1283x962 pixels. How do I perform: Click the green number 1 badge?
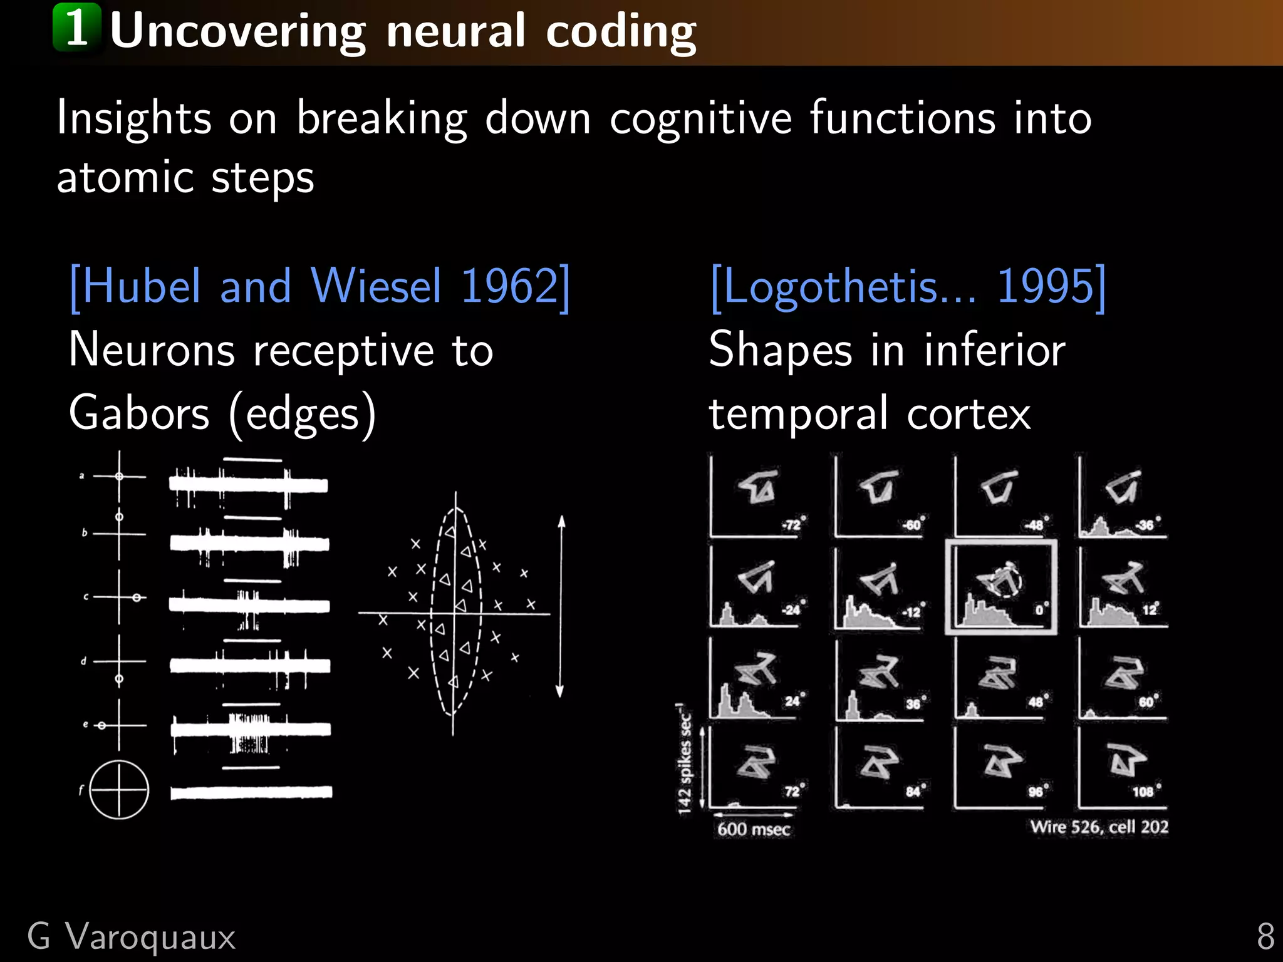click(76, 28)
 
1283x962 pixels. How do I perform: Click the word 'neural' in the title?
click(455, 31)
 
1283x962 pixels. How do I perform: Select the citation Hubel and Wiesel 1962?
click(320, 287)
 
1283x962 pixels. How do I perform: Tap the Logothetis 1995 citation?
click(908, 287)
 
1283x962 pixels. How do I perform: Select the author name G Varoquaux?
click(132, 937)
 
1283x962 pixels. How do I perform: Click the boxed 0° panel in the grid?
click(1000, 587)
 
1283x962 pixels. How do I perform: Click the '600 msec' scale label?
click(754, 829)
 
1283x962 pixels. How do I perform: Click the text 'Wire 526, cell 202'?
click(1099, 827)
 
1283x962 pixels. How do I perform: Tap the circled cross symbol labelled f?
click(119, 790)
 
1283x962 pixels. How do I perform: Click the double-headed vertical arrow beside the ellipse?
click(561, 606)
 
